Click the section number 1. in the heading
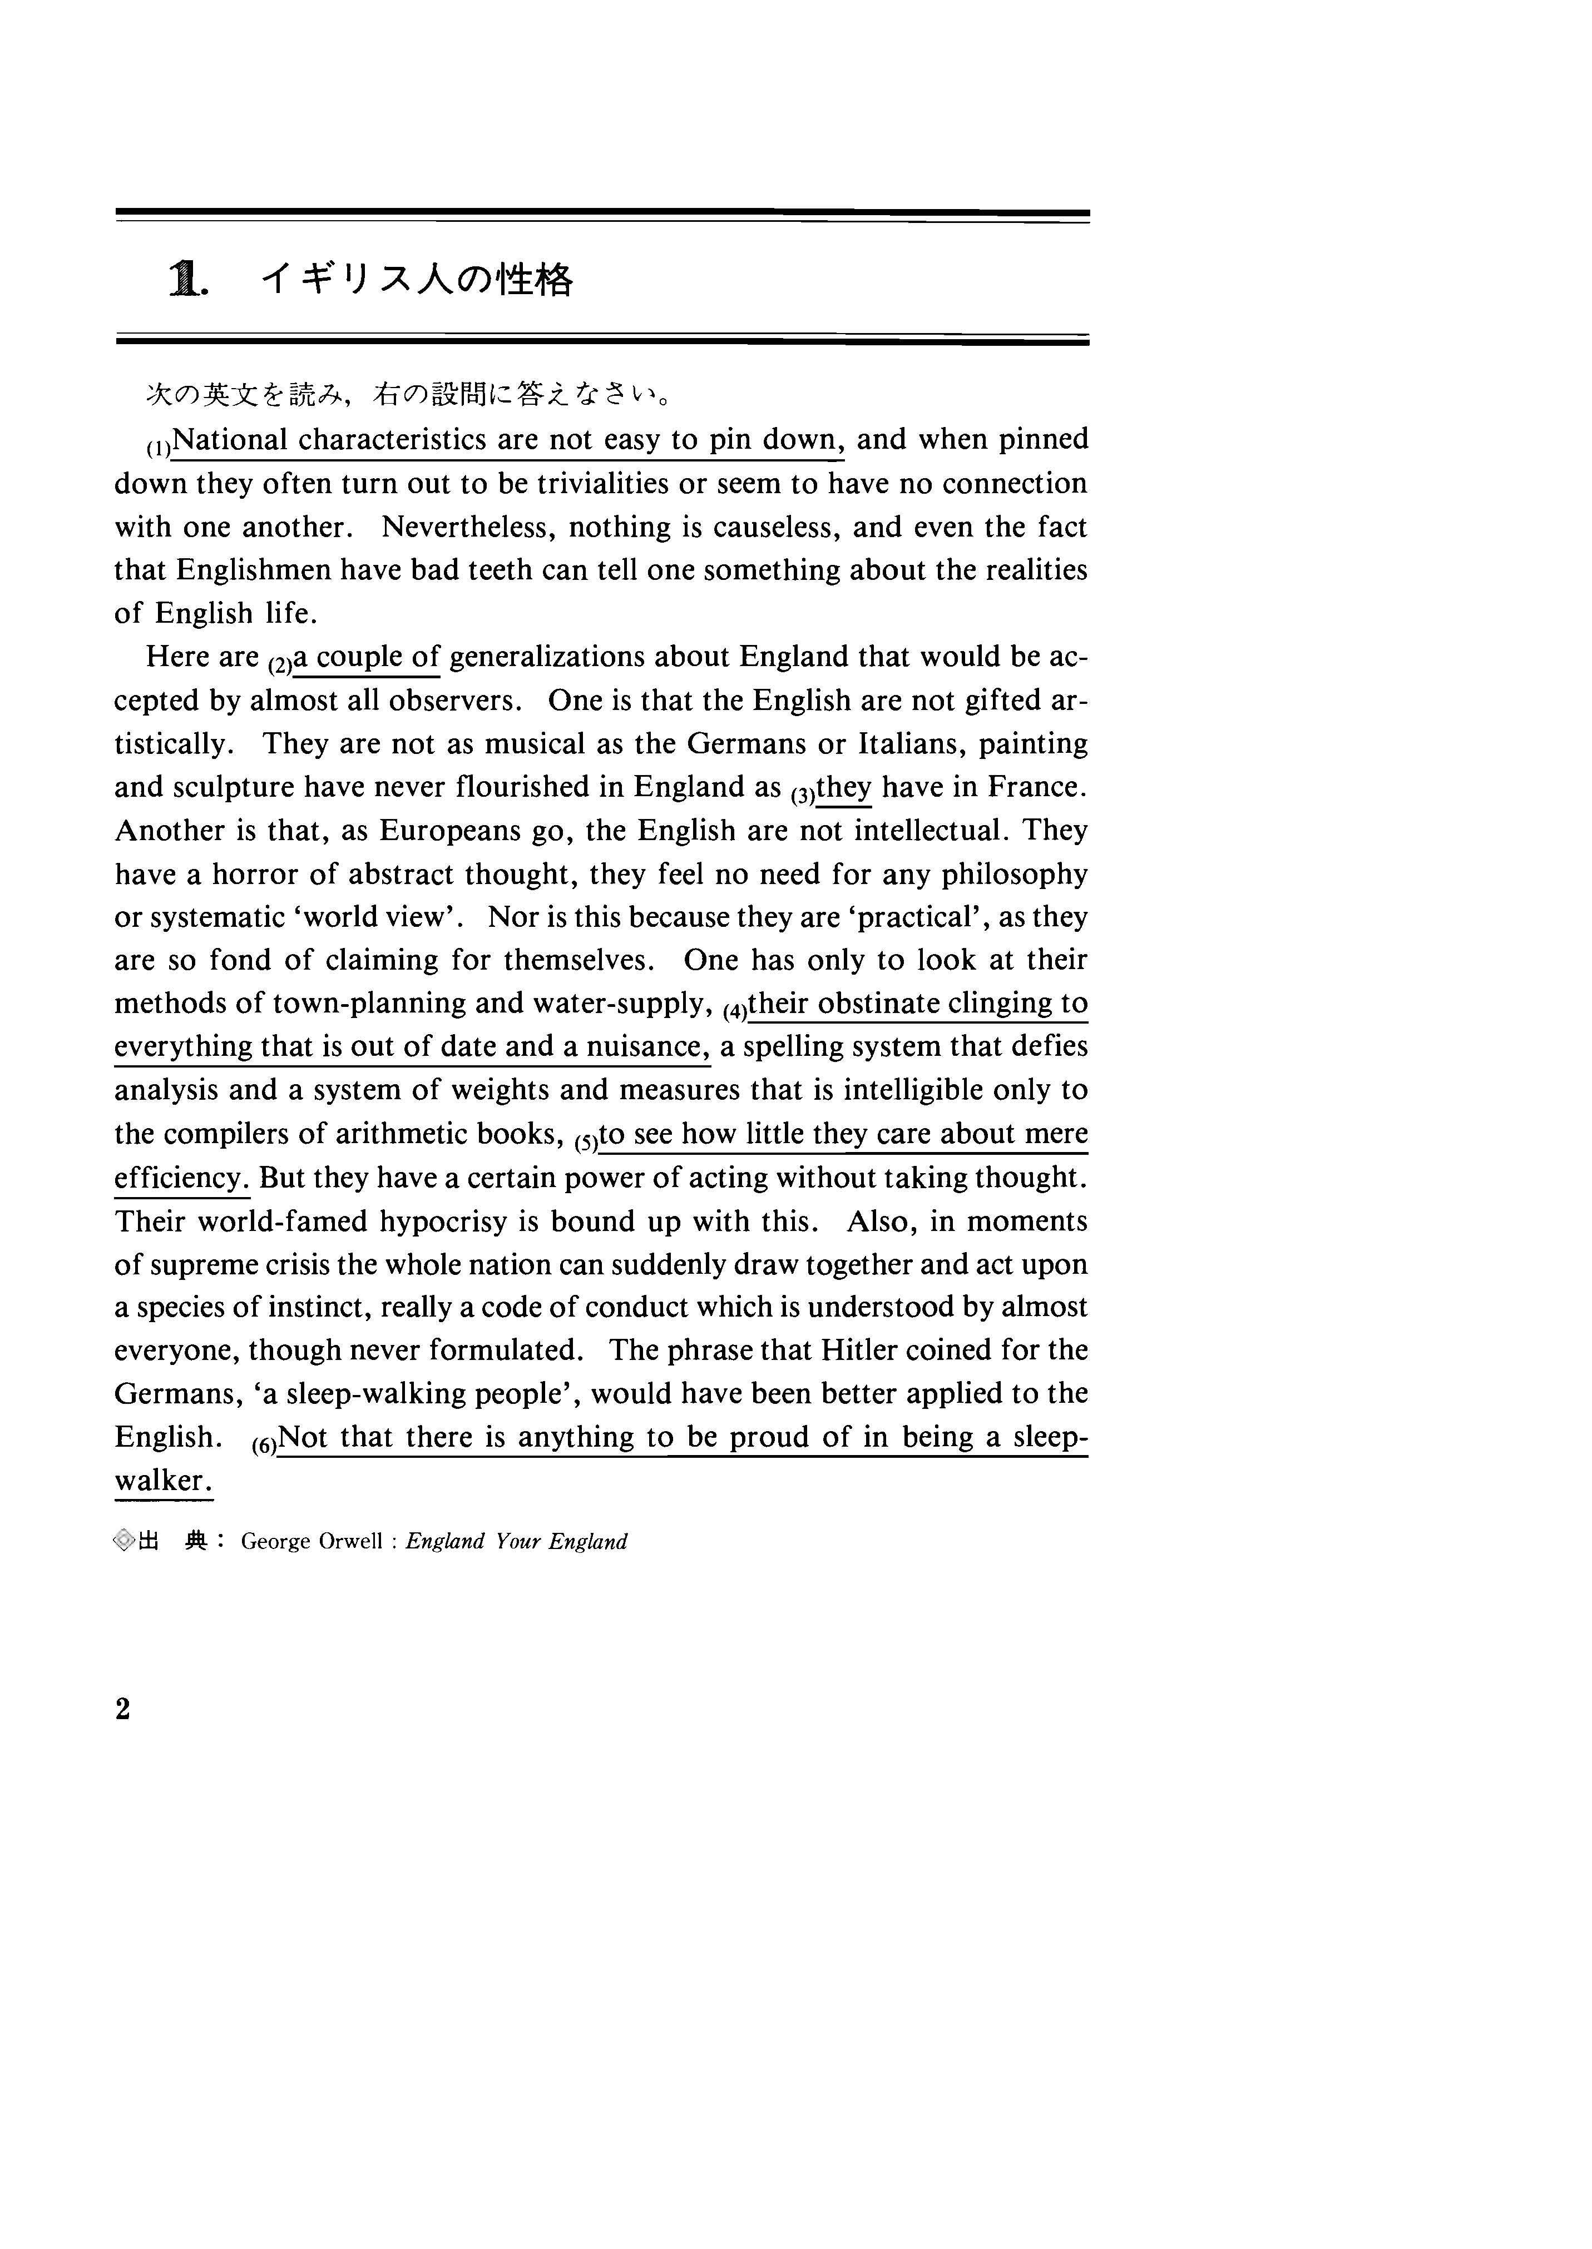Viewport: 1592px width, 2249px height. pyautogui.click(x=189, y=281)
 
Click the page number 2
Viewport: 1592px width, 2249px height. pyautogui.click(x=122, y=1710)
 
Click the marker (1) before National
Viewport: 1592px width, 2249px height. pyautogui.click(x=159, y=449)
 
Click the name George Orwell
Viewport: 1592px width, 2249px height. pyautogui.click(x=312, y=1541)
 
